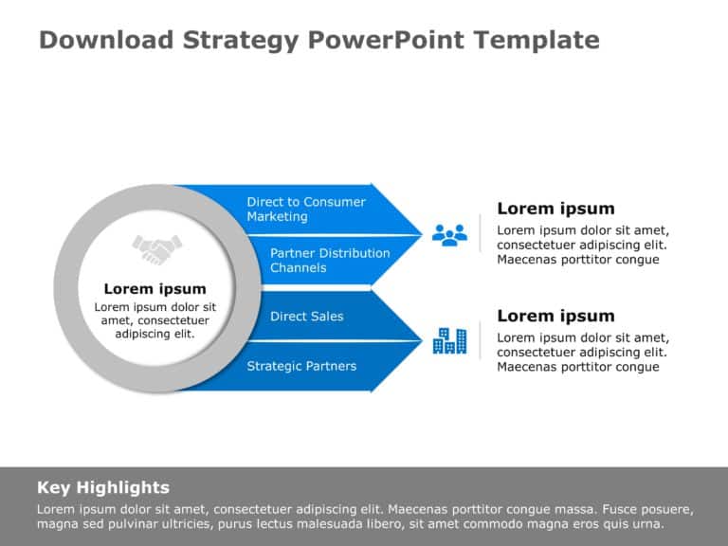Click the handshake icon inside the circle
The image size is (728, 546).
click(157, 249)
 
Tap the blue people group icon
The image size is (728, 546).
click(449, 235)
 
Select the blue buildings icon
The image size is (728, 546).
click(449, 341)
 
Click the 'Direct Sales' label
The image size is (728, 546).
click(306, 317)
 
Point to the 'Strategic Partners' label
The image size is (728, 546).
click(301, 366)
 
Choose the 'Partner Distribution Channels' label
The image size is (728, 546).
click(330, 261)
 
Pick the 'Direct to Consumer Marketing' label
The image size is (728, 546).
click(306, 209)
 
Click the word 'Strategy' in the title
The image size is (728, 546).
click(241, 41)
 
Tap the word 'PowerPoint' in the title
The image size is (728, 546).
click(386, 40)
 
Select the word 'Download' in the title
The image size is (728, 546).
click(106, 40)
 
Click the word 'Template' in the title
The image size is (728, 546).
click(537, 41)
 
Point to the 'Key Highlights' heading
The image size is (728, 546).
click(103, 487)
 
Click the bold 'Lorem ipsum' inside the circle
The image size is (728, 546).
click(155, 289)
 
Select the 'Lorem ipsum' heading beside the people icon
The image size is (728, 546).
click(555, 209)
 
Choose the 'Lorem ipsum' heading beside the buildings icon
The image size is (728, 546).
click(555, 316)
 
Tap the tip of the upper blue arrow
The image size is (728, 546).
click(422, 235)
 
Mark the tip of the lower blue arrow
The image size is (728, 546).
click(422, 341)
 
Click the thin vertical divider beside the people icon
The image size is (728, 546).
click(480, 233)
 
